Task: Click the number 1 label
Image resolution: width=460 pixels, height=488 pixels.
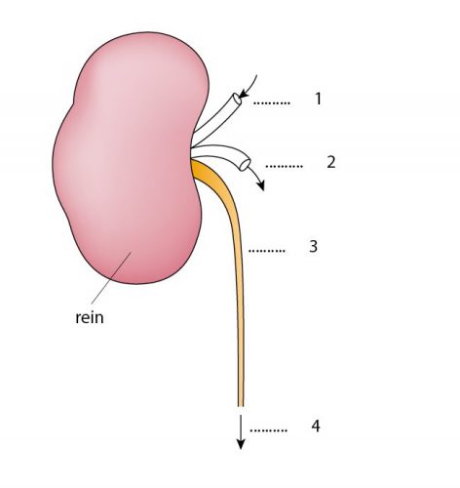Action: [x=319, y=99]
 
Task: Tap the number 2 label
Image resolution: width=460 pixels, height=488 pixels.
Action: [x=331, y=162]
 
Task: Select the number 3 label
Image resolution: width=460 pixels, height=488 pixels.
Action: [x=313, y=246]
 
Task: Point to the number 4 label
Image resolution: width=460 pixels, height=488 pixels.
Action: [x=316, y=426]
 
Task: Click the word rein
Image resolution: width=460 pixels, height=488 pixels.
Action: [x=90, y=317]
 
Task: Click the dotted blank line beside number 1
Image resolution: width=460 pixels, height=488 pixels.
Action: [x=272, y=103]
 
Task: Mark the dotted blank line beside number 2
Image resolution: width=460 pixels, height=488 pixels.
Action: [x=285, y=166]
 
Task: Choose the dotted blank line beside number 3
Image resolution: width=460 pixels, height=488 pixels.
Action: [x=267, y=251]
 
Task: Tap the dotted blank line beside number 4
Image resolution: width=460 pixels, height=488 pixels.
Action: [x=269, y=430]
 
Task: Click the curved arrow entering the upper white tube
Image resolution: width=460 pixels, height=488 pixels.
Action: [x=251, y=88]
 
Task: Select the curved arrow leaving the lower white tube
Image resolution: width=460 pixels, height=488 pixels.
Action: [x=257, y=178]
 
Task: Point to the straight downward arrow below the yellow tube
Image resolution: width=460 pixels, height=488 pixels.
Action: [x=241, y=432]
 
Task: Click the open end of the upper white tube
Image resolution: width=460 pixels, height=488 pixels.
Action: [x=237, y=99]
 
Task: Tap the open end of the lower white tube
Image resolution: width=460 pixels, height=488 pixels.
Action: [x=245, y=164]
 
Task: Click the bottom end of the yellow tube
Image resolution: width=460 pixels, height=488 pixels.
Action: [x=241, y=406]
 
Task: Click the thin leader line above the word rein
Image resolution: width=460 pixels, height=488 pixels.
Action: [x=111, y=277]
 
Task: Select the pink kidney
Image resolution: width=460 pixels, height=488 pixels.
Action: [x=130, y=158]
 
